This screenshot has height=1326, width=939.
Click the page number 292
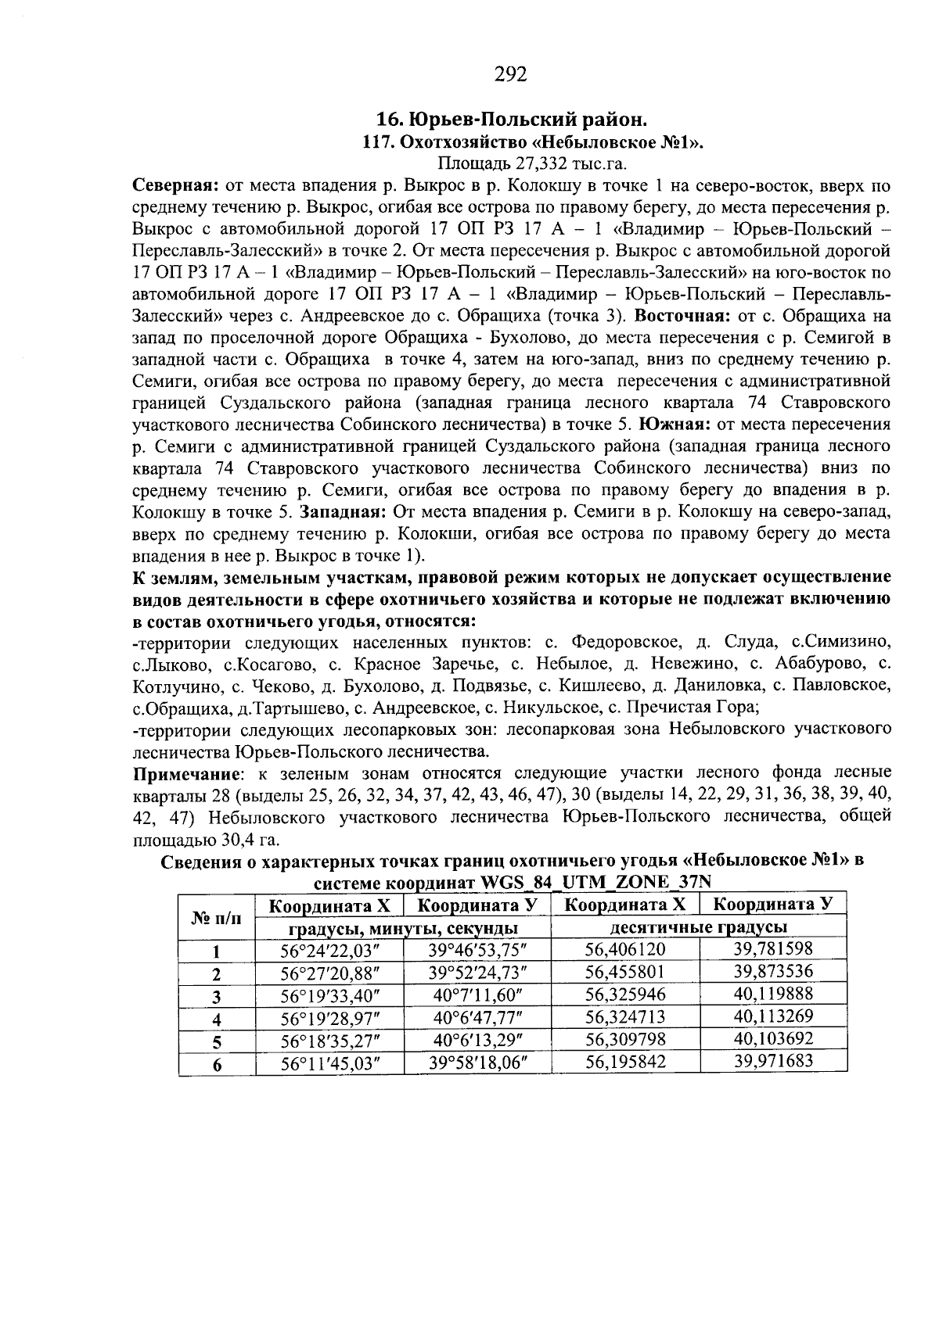click(x=511, y=74)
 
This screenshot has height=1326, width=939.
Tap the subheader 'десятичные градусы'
click(x=699, y=927)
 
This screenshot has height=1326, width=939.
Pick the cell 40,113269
click(x=774, y=1016)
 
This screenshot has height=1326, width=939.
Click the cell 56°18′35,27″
click(x=329, y=1041)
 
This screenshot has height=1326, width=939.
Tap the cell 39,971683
click(x=774, y=1061)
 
